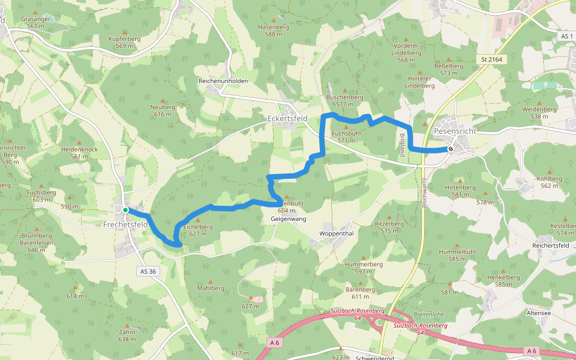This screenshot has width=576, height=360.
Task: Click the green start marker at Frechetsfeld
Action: (x=125, y=210)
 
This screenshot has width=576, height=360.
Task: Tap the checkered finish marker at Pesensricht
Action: (x=450, y=149)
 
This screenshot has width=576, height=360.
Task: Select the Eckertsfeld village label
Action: (x=287, y=119)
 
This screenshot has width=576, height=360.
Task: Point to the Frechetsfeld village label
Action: (x=125, y=224)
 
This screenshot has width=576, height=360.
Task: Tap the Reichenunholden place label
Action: (x=223, y=80)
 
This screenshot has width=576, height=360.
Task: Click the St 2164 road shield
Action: (x=491, y=59)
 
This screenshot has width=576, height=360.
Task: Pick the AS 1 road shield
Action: (x=566, y=37)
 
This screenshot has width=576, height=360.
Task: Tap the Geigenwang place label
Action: (x=284, y=220)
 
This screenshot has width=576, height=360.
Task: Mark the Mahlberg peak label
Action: (x=210, y=288)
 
